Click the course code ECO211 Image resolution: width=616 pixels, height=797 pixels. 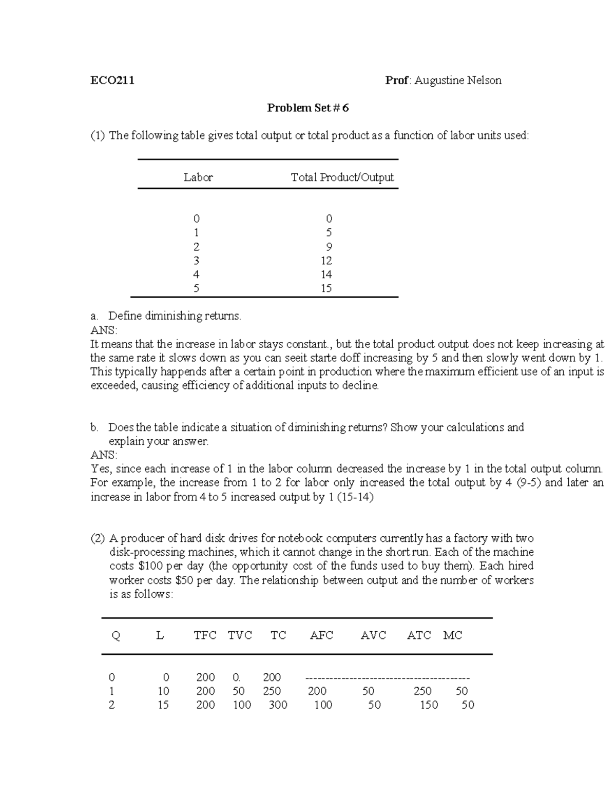click(x=112, y=81)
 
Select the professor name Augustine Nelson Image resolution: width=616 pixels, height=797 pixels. click(x=458, y=81)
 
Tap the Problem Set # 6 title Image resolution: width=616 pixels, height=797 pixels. click(x=307, y=108)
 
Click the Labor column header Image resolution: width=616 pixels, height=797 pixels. click(x=198, y=178)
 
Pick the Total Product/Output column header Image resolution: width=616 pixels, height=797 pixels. click(x=342, y=178)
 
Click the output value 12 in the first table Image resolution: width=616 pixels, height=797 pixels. click(x=326, y=261)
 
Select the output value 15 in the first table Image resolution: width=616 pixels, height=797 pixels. click(x=326, y=288)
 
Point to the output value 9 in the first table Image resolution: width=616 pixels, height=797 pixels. click(x=329, y=247)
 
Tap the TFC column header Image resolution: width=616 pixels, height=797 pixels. click(x=205, y=635)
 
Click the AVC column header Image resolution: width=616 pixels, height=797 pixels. click(x=373, y=635)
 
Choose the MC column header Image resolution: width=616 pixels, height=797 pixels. click(x=453, y=635)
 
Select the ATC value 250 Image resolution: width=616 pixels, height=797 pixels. click(x=422, y=691)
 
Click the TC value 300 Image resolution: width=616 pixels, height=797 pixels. click(x=278, y=705)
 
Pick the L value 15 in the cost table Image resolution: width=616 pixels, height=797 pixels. click(x=163, y=705)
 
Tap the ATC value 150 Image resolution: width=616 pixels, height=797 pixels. click(x=429, y=705)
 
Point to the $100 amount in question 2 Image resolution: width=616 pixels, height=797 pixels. click(x=150, y=566)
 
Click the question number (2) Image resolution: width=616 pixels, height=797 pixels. click(x=98, y=538)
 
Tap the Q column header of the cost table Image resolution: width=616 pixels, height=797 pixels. click(x=116, y=635)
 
